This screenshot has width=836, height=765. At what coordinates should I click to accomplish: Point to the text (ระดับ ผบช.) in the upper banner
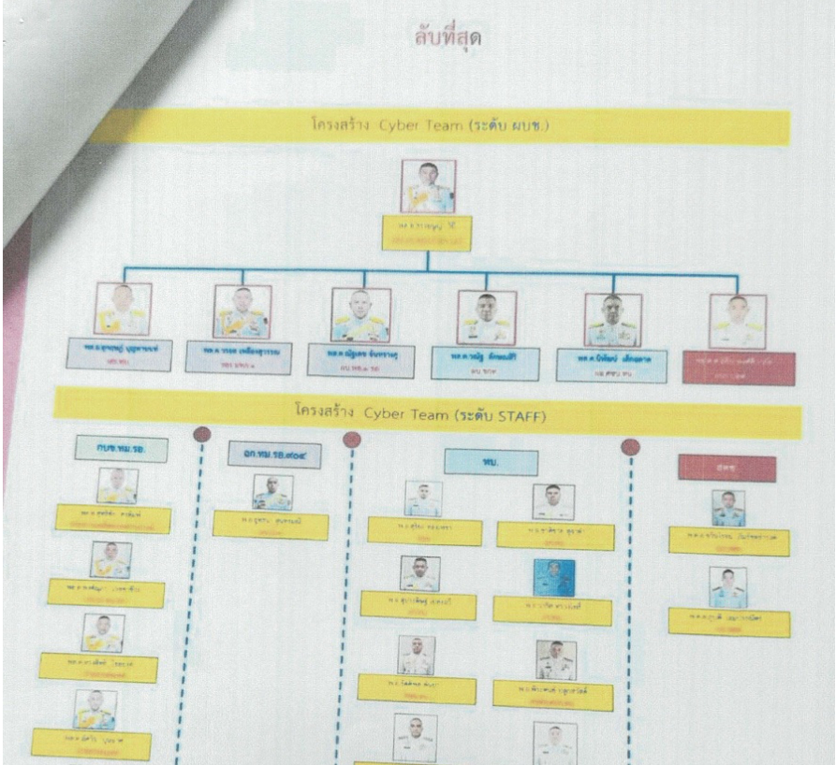pos(505,126)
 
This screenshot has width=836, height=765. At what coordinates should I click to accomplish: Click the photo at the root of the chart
pos(428,186)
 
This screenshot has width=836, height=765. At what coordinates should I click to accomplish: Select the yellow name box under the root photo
pos(427,232)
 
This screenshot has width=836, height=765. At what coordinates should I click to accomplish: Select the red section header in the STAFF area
pos(726,468)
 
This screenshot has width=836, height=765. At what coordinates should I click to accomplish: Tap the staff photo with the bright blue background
pos(553,579)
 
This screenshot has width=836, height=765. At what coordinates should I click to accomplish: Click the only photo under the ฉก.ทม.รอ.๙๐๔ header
pos(272,492)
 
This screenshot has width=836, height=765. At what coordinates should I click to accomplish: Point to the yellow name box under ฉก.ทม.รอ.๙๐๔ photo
pos(271,525)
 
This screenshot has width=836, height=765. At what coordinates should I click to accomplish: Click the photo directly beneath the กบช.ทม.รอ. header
pos(118,486)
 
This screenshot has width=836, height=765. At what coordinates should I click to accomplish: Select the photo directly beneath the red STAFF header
pos(727,508)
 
